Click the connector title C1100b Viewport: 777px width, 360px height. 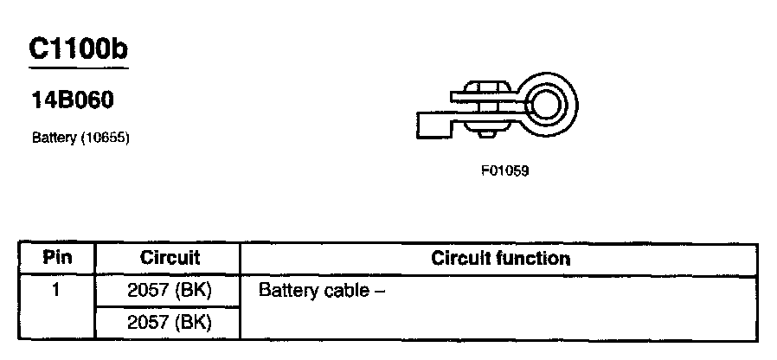coord(78,48)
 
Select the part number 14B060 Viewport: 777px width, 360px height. coord(72,102)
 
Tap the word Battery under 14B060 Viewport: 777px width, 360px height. coord(53,137)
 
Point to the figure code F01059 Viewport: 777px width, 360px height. coord(504,170)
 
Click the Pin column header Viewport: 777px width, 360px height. coord(57,258)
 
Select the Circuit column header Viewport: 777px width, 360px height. coord(170,258)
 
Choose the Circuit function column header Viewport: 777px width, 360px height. coord(500,258)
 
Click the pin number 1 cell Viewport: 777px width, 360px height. coord(56,290)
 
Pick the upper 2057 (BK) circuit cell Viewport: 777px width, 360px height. coord(170,290)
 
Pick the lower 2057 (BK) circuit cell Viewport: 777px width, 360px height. coord(170,323)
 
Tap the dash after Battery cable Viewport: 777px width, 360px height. coord(378,291)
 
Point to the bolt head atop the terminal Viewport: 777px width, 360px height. coord(488,87)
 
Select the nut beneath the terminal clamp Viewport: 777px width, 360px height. coord(488,132)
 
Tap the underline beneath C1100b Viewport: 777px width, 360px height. coord(78,67)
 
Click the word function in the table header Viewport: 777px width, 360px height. coord(536,258)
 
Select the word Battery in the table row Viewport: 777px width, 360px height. coord(286,290)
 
